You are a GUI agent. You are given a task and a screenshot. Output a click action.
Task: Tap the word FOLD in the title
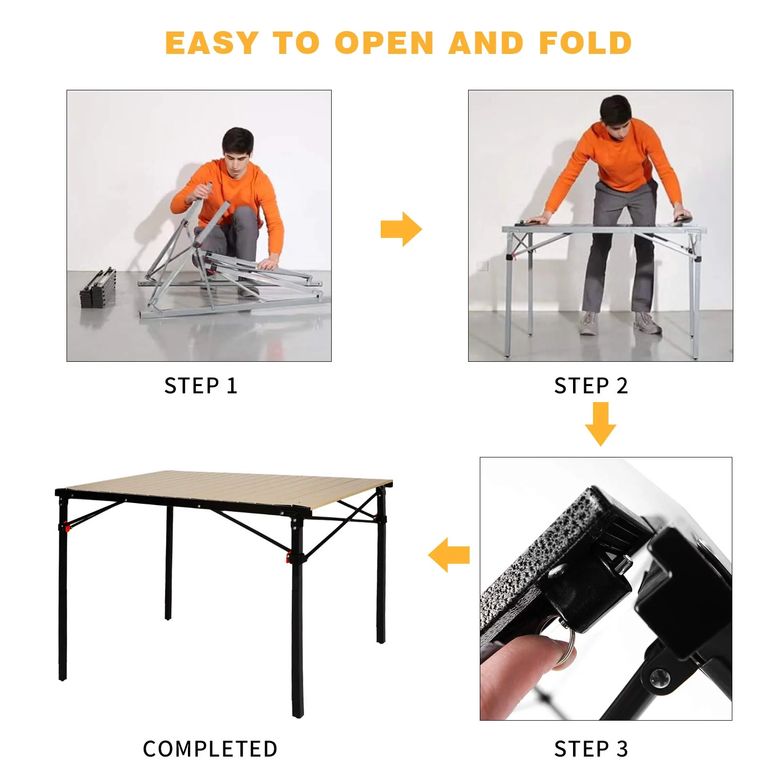tap(585, 43)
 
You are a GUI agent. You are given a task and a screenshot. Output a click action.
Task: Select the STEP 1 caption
tap(201, 386)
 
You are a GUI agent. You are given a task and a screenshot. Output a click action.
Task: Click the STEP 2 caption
tap(591, 386)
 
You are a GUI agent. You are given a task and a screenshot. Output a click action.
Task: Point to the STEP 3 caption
tap(591, 749)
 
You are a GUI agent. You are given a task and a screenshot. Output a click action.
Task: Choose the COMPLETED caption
tap(210, 749)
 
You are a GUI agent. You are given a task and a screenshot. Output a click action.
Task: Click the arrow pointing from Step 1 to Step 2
tap(401, 229)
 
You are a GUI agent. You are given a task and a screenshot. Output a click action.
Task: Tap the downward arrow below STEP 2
tap(600, 424)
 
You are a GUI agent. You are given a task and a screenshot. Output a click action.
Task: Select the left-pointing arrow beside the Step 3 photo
tap(449, 555)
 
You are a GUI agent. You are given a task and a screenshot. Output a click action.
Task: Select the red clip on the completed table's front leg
tap(288, 557)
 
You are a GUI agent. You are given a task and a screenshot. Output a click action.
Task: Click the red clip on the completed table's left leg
tap(65, 526)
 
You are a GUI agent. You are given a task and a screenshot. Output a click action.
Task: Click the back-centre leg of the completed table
tap(169, 563)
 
